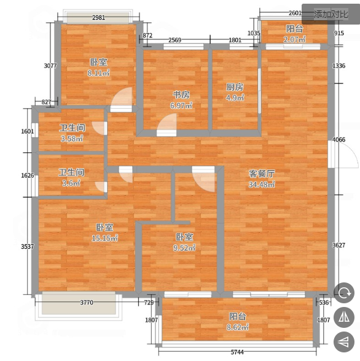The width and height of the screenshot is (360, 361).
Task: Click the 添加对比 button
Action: pos(331,14)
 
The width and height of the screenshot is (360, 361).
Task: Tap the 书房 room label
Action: pos(181,95)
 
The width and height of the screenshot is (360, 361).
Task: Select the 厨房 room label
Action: pos(235,87)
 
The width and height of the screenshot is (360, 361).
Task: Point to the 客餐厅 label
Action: pos(262,174)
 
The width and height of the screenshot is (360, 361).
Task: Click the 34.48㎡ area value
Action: pos(262,184)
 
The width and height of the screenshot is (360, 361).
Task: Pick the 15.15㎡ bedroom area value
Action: pos(105,238)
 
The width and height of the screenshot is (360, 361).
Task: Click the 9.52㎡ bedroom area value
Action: pos(184,248)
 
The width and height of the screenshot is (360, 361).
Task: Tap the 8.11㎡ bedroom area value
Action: pos(98,73)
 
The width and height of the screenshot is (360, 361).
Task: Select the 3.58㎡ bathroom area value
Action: pos(72,139)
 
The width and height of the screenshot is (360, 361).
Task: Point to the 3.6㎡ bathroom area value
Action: pos(71,183)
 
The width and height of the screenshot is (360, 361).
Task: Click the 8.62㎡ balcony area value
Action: pos(238,327)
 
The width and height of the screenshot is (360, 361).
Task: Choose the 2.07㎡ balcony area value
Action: pos(294,39)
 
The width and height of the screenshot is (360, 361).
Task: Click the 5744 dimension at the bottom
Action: pos(237,352)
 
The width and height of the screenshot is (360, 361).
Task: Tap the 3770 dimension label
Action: pos(87,302)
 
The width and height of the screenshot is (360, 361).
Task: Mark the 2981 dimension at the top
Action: pos(98,17)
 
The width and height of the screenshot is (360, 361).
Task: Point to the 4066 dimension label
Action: pos(338,139)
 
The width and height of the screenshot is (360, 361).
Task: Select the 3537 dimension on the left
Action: pos(28,247)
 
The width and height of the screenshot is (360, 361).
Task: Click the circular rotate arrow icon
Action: pos(344,293)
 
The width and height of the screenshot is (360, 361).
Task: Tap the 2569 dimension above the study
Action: pos(175,40)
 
